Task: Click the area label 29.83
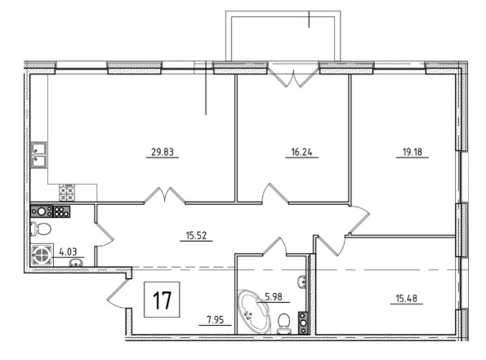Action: (163, 152)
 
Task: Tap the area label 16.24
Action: (301, 152)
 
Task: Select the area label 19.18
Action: (412, 152)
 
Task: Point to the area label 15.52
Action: (196, 236)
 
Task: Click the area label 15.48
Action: (406, 299)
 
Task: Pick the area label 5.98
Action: (274, 297)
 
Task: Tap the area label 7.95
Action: (215, 320)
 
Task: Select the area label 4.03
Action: (68, 251)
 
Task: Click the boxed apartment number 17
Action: (162, 300)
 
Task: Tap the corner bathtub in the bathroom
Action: (252, 311)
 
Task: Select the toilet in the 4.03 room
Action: (41, 229)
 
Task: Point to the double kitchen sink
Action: (39, 154)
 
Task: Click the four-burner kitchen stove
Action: (67, 193)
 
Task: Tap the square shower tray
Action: (42, 255)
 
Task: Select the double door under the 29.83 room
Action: (165, 195)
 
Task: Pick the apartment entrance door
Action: (118, 293)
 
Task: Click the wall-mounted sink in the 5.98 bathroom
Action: (302, 282)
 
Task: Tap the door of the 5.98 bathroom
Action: (275, 247)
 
